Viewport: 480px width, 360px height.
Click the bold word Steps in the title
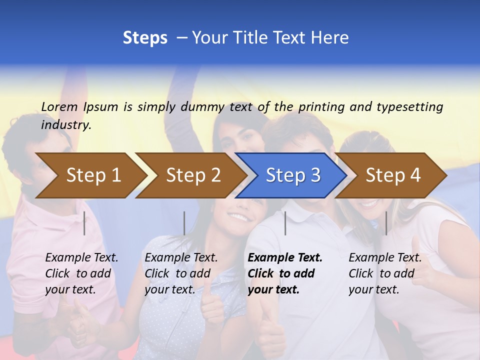click(x=145, y=38)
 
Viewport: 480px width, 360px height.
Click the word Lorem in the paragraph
click(x=60, y=106)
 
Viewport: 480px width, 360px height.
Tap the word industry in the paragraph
click(x=66, y=124)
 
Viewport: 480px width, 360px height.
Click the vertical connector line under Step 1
click(x=84, y=223)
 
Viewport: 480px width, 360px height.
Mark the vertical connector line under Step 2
click(x=184, y=223)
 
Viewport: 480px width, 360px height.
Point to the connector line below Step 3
click(x=285, y=223)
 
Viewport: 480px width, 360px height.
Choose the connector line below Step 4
click(x=386, y=223)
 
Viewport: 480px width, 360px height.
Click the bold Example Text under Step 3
click(x=285, y=258)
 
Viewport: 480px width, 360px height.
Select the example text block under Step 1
click(x=81, y=273)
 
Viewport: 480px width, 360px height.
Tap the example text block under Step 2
click(x=181, y=273)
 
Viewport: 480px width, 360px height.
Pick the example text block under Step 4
click(x=385, y=273)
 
